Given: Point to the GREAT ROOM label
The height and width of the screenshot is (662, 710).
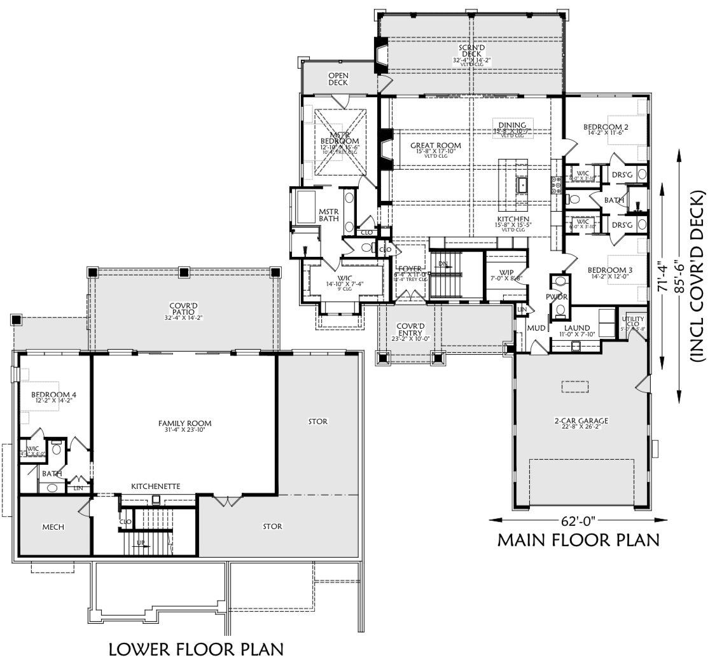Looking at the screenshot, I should click(435, 145).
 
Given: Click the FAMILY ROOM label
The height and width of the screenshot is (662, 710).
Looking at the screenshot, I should click(184, 424).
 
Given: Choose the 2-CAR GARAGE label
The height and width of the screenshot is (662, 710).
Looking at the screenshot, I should click(581, 420).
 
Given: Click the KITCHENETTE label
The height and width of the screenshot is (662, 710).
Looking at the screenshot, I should click(155, 486).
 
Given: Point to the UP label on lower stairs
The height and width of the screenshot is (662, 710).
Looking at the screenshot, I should click(141, 542).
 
